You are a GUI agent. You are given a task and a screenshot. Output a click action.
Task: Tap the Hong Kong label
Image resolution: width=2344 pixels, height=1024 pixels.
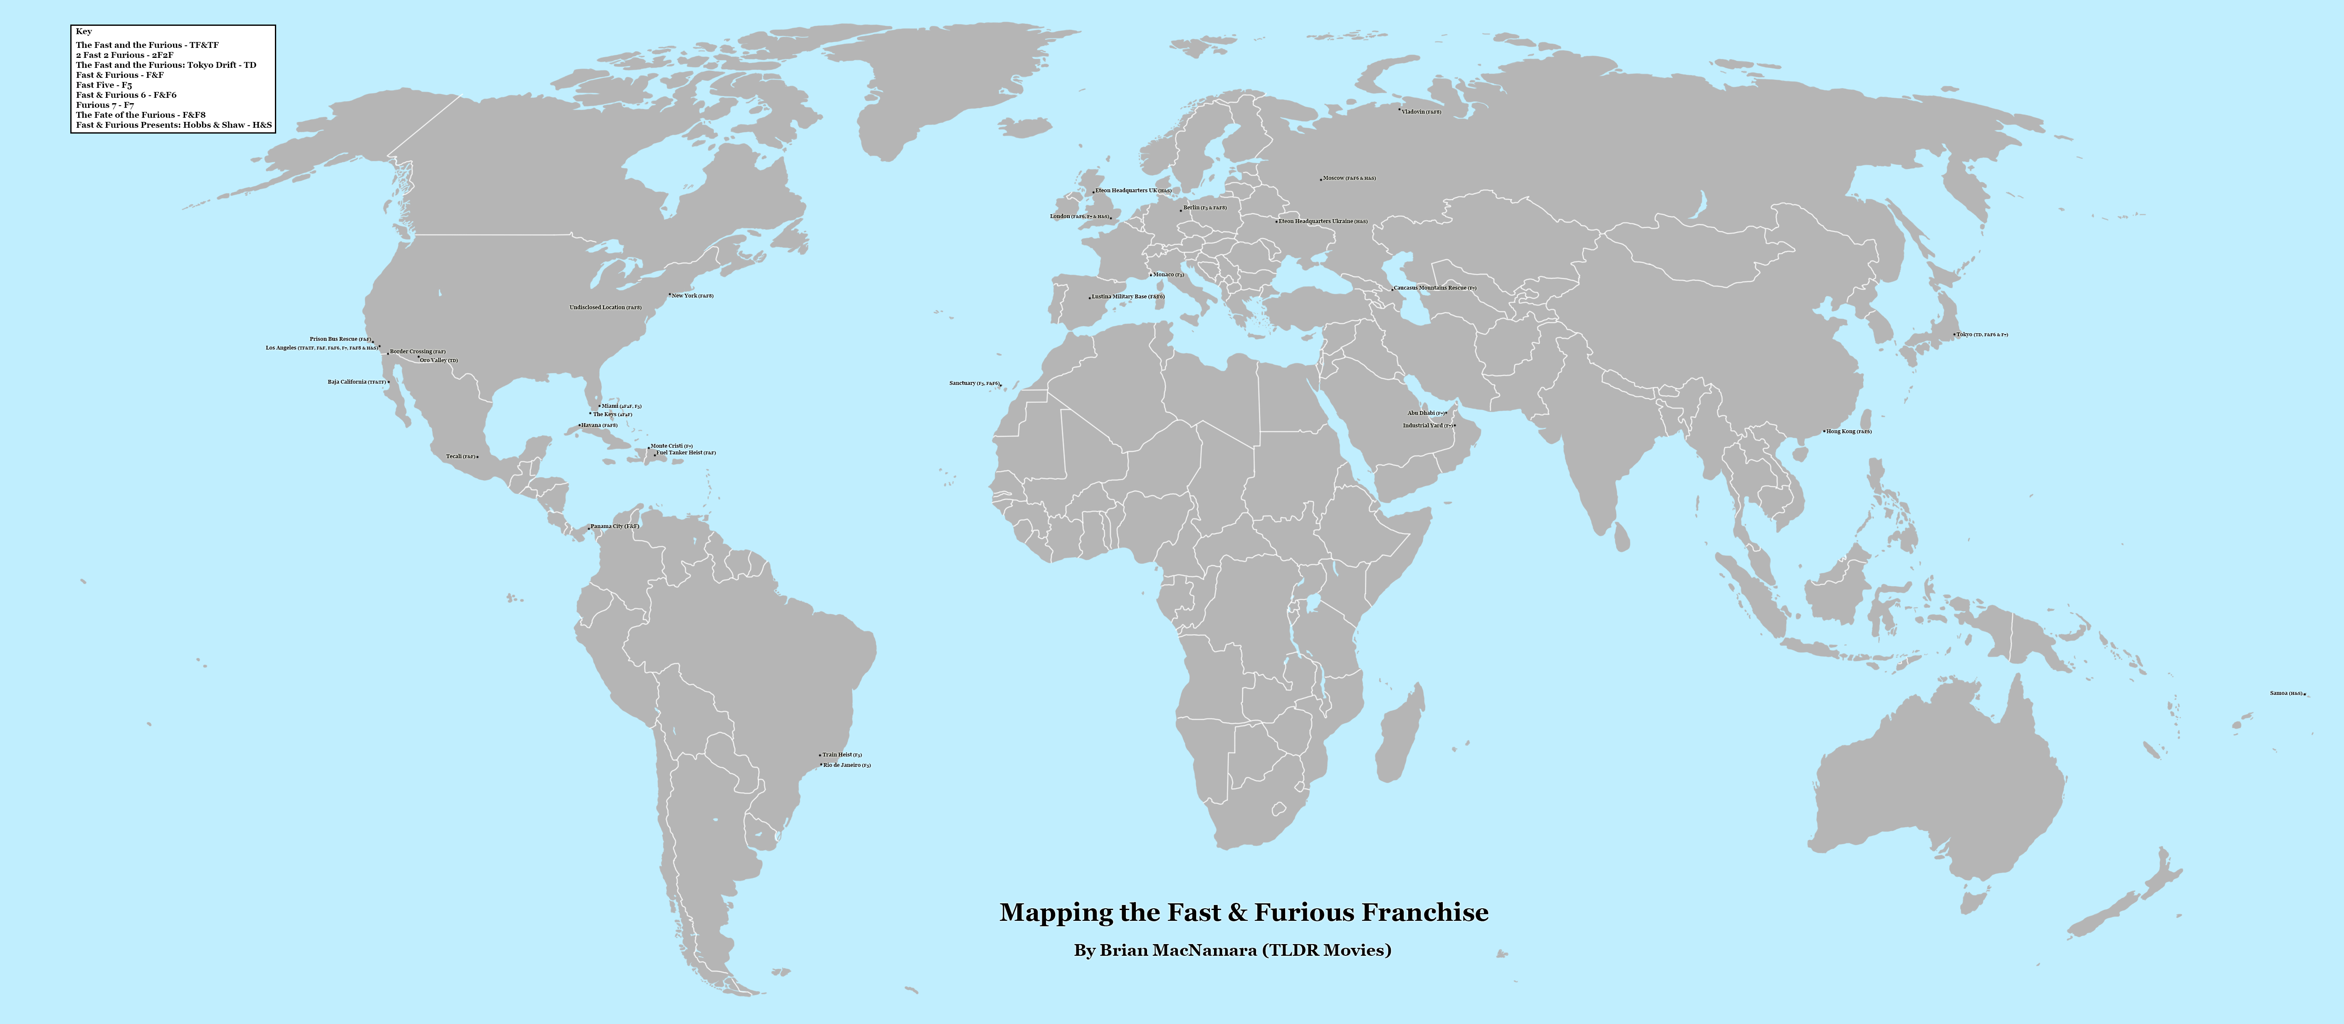[1848, 431]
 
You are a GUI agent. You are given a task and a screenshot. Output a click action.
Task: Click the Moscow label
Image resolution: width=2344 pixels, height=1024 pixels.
[1348, 179]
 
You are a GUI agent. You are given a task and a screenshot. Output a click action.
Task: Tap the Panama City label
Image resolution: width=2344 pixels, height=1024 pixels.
[614, 526]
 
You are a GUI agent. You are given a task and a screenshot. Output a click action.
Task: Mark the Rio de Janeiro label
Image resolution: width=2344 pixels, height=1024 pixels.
[846, 766]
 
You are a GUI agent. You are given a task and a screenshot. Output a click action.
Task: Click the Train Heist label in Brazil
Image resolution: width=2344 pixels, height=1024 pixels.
[842, 754]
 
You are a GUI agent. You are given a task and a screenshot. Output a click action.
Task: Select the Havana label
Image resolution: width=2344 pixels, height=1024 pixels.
[599, 425]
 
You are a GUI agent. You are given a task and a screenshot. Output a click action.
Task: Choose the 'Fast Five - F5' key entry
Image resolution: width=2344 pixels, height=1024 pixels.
[104, 84]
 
